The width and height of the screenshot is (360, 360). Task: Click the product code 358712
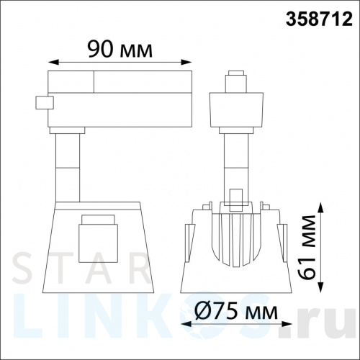(319, 19)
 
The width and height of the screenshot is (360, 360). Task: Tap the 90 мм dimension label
(120, 49)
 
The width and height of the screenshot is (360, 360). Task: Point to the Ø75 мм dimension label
(236, 310)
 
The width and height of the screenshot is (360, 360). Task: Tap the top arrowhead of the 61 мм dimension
(320, 207)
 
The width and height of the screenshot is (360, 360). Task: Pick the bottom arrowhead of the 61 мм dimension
(320, 287)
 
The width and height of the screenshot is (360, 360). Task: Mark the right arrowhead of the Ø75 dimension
(287, 324)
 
